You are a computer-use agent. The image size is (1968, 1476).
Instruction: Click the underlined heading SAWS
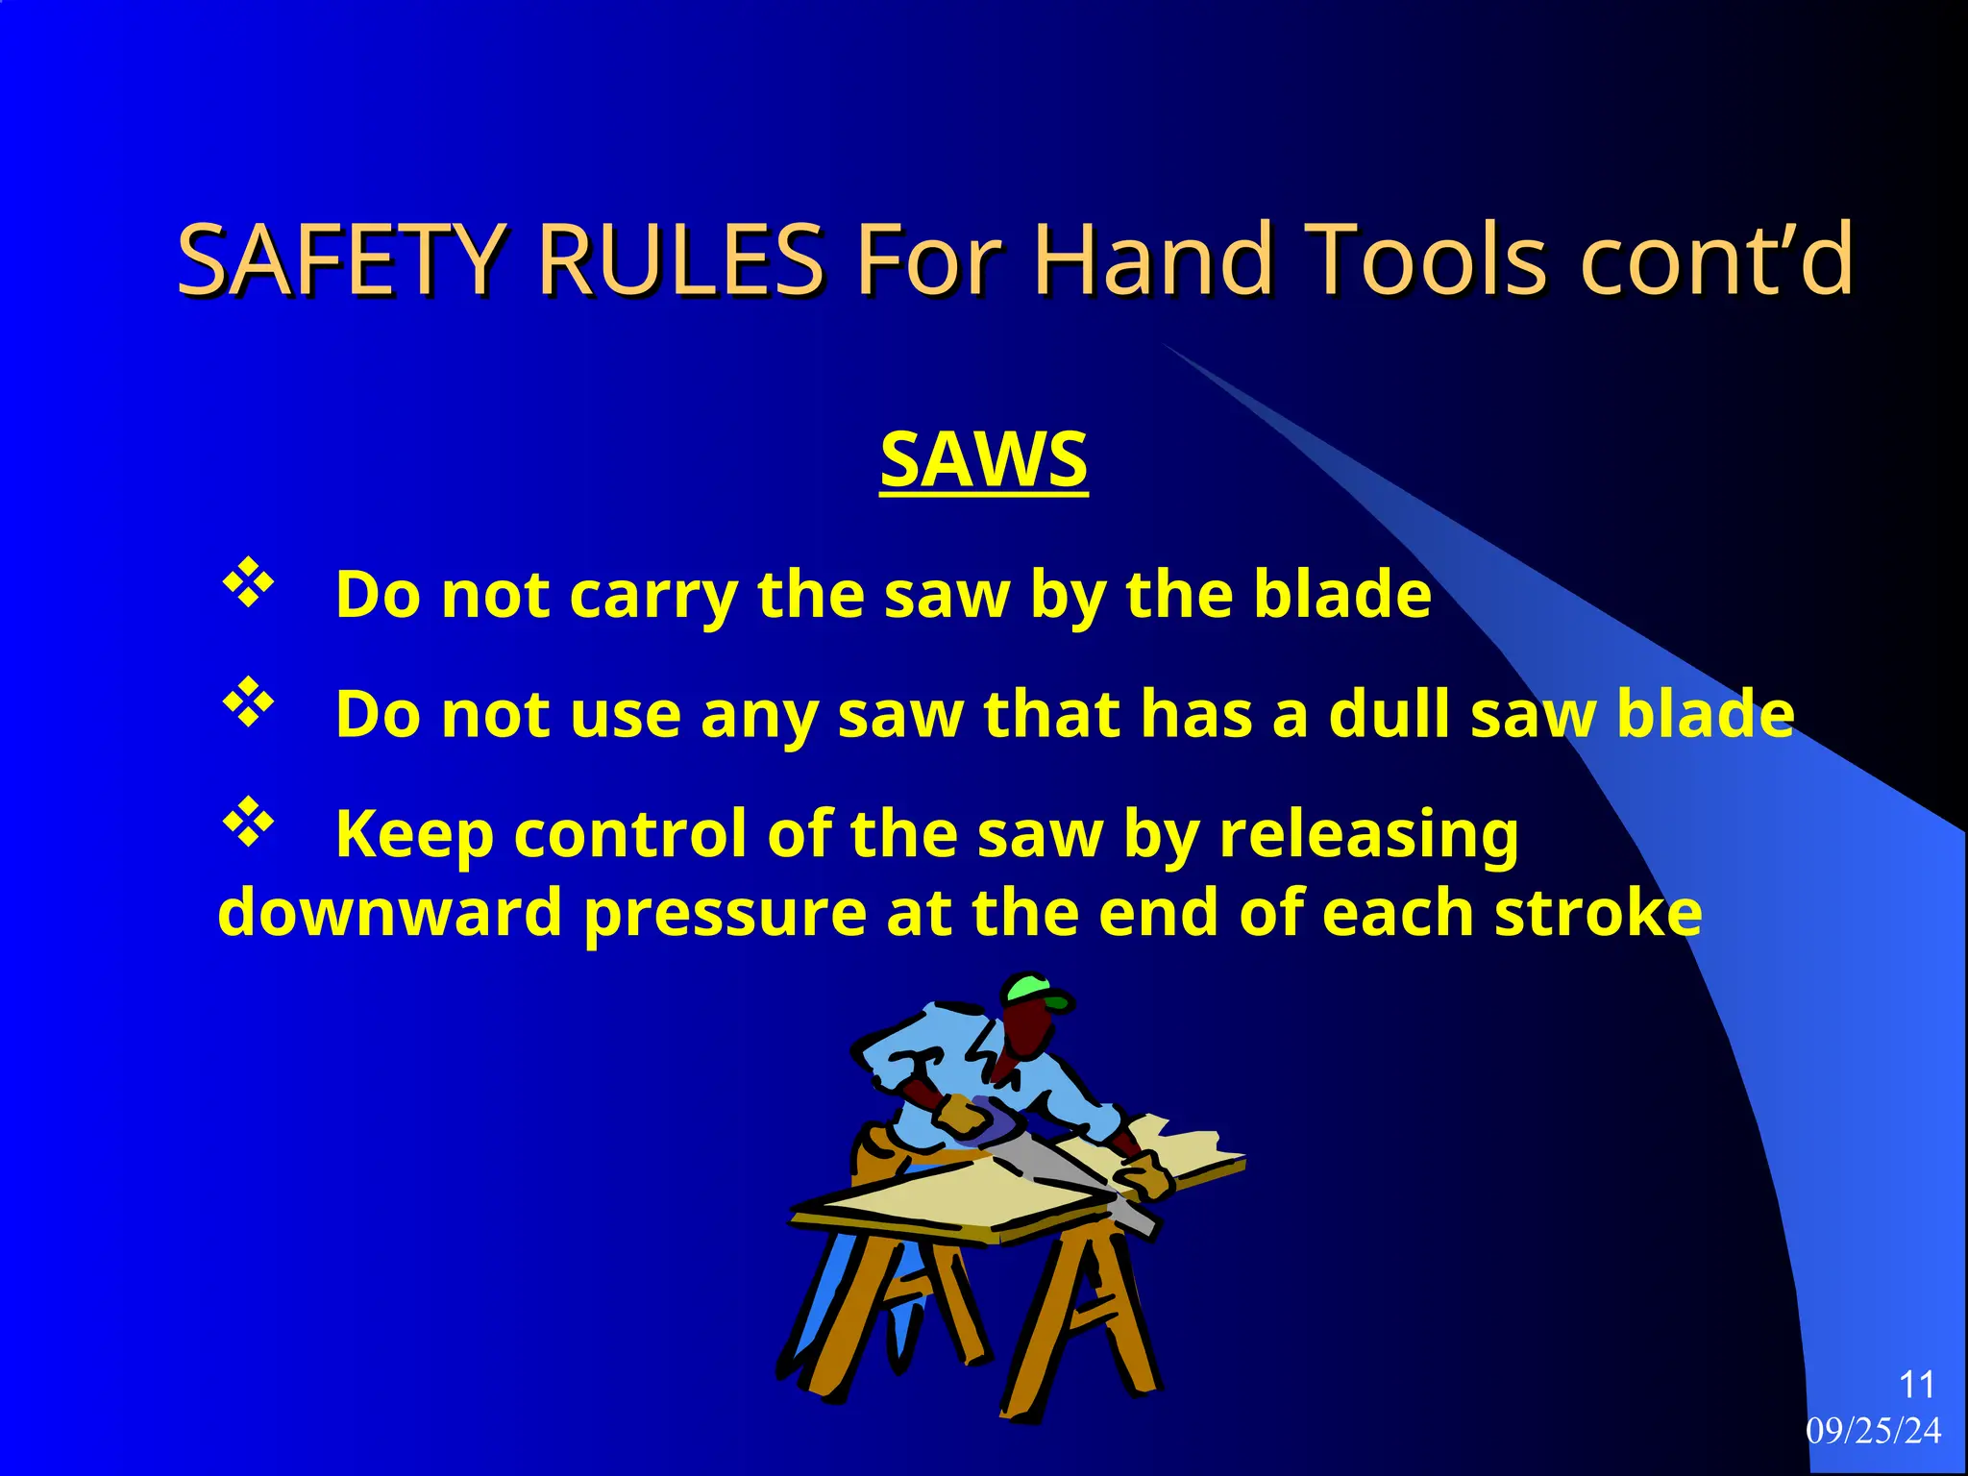click(983, 460)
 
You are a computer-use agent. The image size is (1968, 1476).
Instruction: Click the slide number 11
click(1916, 1385)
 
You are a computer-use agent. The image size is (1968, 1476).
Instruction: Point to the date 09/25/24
click(1873, 1431)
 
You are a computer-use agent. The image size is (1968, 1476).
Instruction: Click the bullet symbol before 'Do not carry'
click(249, 583)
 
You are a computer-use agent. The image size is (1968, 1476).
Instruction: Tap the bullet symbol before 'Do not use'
click(249, 703)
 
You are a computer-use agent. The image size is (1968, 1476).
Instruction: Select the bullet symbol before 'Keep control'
click(249, 823)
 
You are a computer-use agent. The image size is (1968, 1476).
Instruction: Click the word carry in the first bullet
click(652, 596)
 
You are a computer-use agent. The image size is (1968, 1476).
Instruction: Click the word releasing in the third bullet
click(1368, 835)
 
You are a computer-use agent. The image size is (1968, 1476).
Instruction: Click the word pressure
click(725, 914)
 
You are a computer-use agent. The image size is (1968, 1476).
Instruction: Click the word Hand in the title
click(1153, 259)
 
